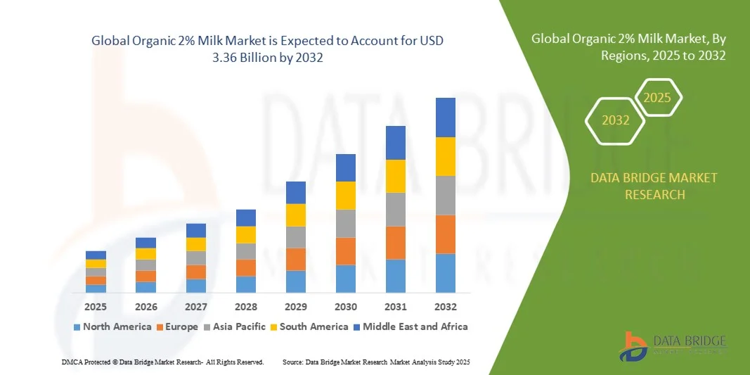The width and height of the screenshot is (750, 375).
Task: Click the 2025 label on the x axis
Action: coord(96,307)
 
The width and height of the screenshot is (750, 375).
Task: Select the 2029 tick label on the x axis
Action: coord(296,307)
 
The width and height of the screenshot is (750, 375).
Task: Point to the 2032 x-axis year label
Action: coord(446,307)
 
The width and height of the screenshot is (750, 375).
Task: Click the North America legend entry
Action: coord(112,326)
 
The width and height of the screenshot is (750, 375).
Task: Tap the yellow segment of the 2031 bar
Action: coord(396,176)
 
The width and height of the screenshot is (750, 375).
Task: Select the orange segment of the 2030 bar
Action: coord(346,251)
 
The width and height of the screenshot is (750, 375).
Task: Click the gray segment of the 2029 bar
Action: coord(296,237)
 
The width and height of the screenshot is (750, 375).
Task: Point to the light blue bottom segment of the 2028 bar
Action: coord(246,284)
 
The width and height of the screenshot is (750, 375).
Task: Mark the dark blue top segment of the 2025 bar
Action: coord(96,255)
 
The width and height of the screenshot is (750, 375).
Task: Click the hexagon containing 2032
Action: coord(615,120)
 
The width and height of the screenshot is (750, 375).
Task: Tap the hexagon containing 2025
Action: coord(658,98)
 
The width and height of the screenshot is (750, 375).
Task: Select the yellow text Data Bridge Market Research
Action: coord(654,186)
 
